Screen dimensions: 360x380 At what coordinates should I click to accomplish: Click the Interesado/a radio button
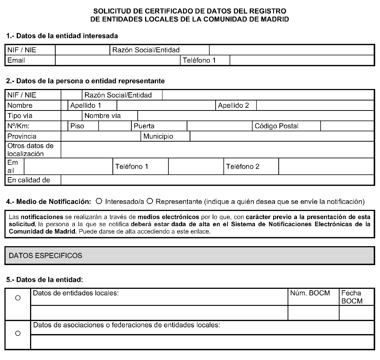[99, 202]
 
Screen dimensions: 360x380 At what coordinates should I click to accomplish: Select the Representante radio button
[150, 202]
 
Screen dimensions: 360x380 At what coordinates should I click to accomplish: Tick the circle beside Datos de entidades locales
[17, 298]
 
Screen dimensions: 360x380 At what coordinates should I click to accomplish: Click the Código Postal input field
[347, 126]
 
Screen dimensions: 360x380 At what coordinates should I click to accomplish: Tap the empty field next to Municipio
[281, 136]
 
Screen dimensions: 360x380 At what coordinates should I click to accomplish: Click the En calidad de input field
[217, 180]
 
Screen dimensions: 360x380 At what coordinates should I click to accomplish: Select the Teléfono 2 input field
[326, 167]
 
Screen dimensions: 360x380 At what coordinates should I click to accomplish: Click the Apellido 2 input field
[315, 106]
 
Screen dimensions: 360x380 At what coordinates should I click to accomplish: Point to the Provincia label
[22, 136]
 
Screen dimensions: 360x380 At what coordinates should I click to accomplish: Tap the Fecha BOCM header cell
[352, 297]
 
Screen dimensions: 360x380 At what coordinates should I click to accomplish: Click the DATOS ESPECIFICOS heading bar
[189, 255]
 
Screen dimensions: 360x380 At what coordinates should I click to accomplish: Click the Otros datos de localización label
[30, 149]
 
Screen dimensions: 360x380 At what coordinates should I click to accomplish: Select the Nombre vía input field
[255, 116]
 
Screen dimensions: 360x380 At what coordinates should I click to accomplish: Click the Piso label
[78, 126]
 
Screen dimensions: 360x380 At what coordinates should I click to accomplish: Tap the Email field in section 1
[117, 60]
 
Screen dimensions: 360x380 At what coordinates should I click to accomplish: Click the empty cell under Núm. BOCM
[313, 313]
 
